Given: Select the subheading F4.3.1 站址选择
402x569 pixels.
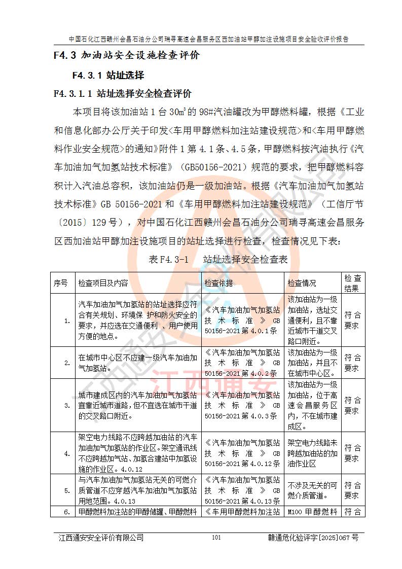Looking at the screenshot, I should [x=108, y=76].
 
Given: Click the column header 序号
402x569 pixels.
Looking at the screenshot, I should [x=60, y=283].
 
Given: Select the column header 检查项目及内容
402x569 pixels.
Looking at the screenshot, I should [x=103, y=283].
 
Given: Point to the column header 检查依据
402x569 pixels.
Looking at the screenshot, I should [x=220, y=283].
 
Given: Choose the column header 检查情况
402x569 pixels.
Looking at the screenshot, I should [x=302, y=283].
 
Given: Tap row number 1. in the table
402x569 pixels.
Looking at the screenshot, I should [x=67, y=321].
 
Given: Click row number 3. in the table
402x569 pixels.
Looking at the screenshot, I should [x=67, y=405].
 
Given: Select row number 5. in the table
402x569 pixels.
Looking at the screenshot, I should [x=67, y=490].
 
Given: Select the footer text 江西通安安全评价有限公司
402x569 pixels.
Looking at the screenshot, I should [x=101, y=538].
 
